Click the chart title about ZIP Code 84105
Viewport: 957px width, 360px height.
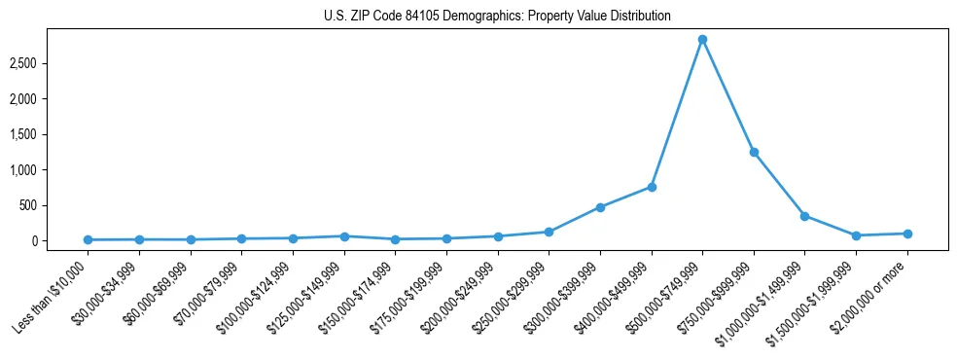tap(497, 17)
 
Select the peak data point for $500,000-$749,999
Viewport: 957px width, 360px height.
tap(702, 40)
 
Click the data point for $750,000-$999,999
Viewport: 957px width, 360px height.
tap(754, 152)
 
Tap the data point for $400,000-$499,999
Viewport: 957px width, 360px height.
tap(652, 187)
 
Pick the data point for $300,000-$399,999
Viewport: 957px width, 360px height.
tap(600, 207)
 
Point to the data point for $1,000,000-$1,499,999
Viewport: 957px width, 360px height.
tap(804, 216)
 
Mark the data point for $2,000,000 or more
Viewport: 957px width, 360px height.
tap(907, 234)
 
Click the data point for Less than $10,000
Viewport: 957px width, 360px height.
tap(88, 239)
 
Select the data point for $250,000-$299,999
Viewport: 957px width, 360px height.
tap(549, 232)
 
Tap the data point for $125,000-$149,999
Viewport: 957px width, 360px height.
tap(343, 236)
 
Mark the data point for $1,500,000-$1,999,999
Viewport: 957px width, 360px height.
tap(856, 235)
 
